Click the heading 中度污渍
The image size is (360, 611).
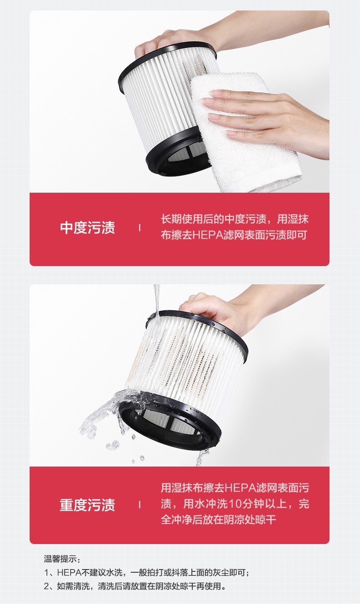(x=87, y=228)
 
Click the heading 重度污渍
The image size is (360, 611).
(x=87, y=505)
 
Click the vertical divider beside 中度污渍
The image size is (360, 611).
(x=139, y=228)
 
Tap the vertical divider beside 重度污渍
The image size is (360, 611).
(x=139, y=505)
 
